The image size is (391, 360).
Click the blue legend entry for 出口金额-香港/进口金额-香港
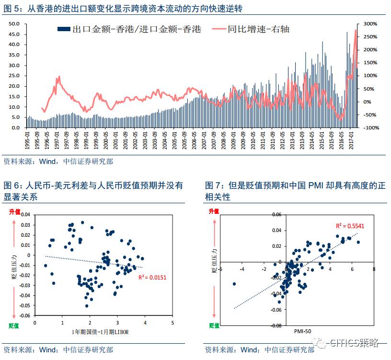pos(129,29)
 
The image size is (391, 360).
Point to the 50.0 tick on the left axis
pos(14,23)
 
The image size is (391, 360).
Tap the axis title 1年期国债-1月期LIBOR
pos(103,332)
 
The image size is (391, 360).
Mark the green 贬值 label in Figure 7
pos(214,325)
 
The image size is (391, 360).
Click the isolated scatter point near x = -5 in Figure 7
pos(234,284)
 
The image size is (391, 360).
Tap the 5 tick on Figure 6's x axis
pos(172,324)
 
